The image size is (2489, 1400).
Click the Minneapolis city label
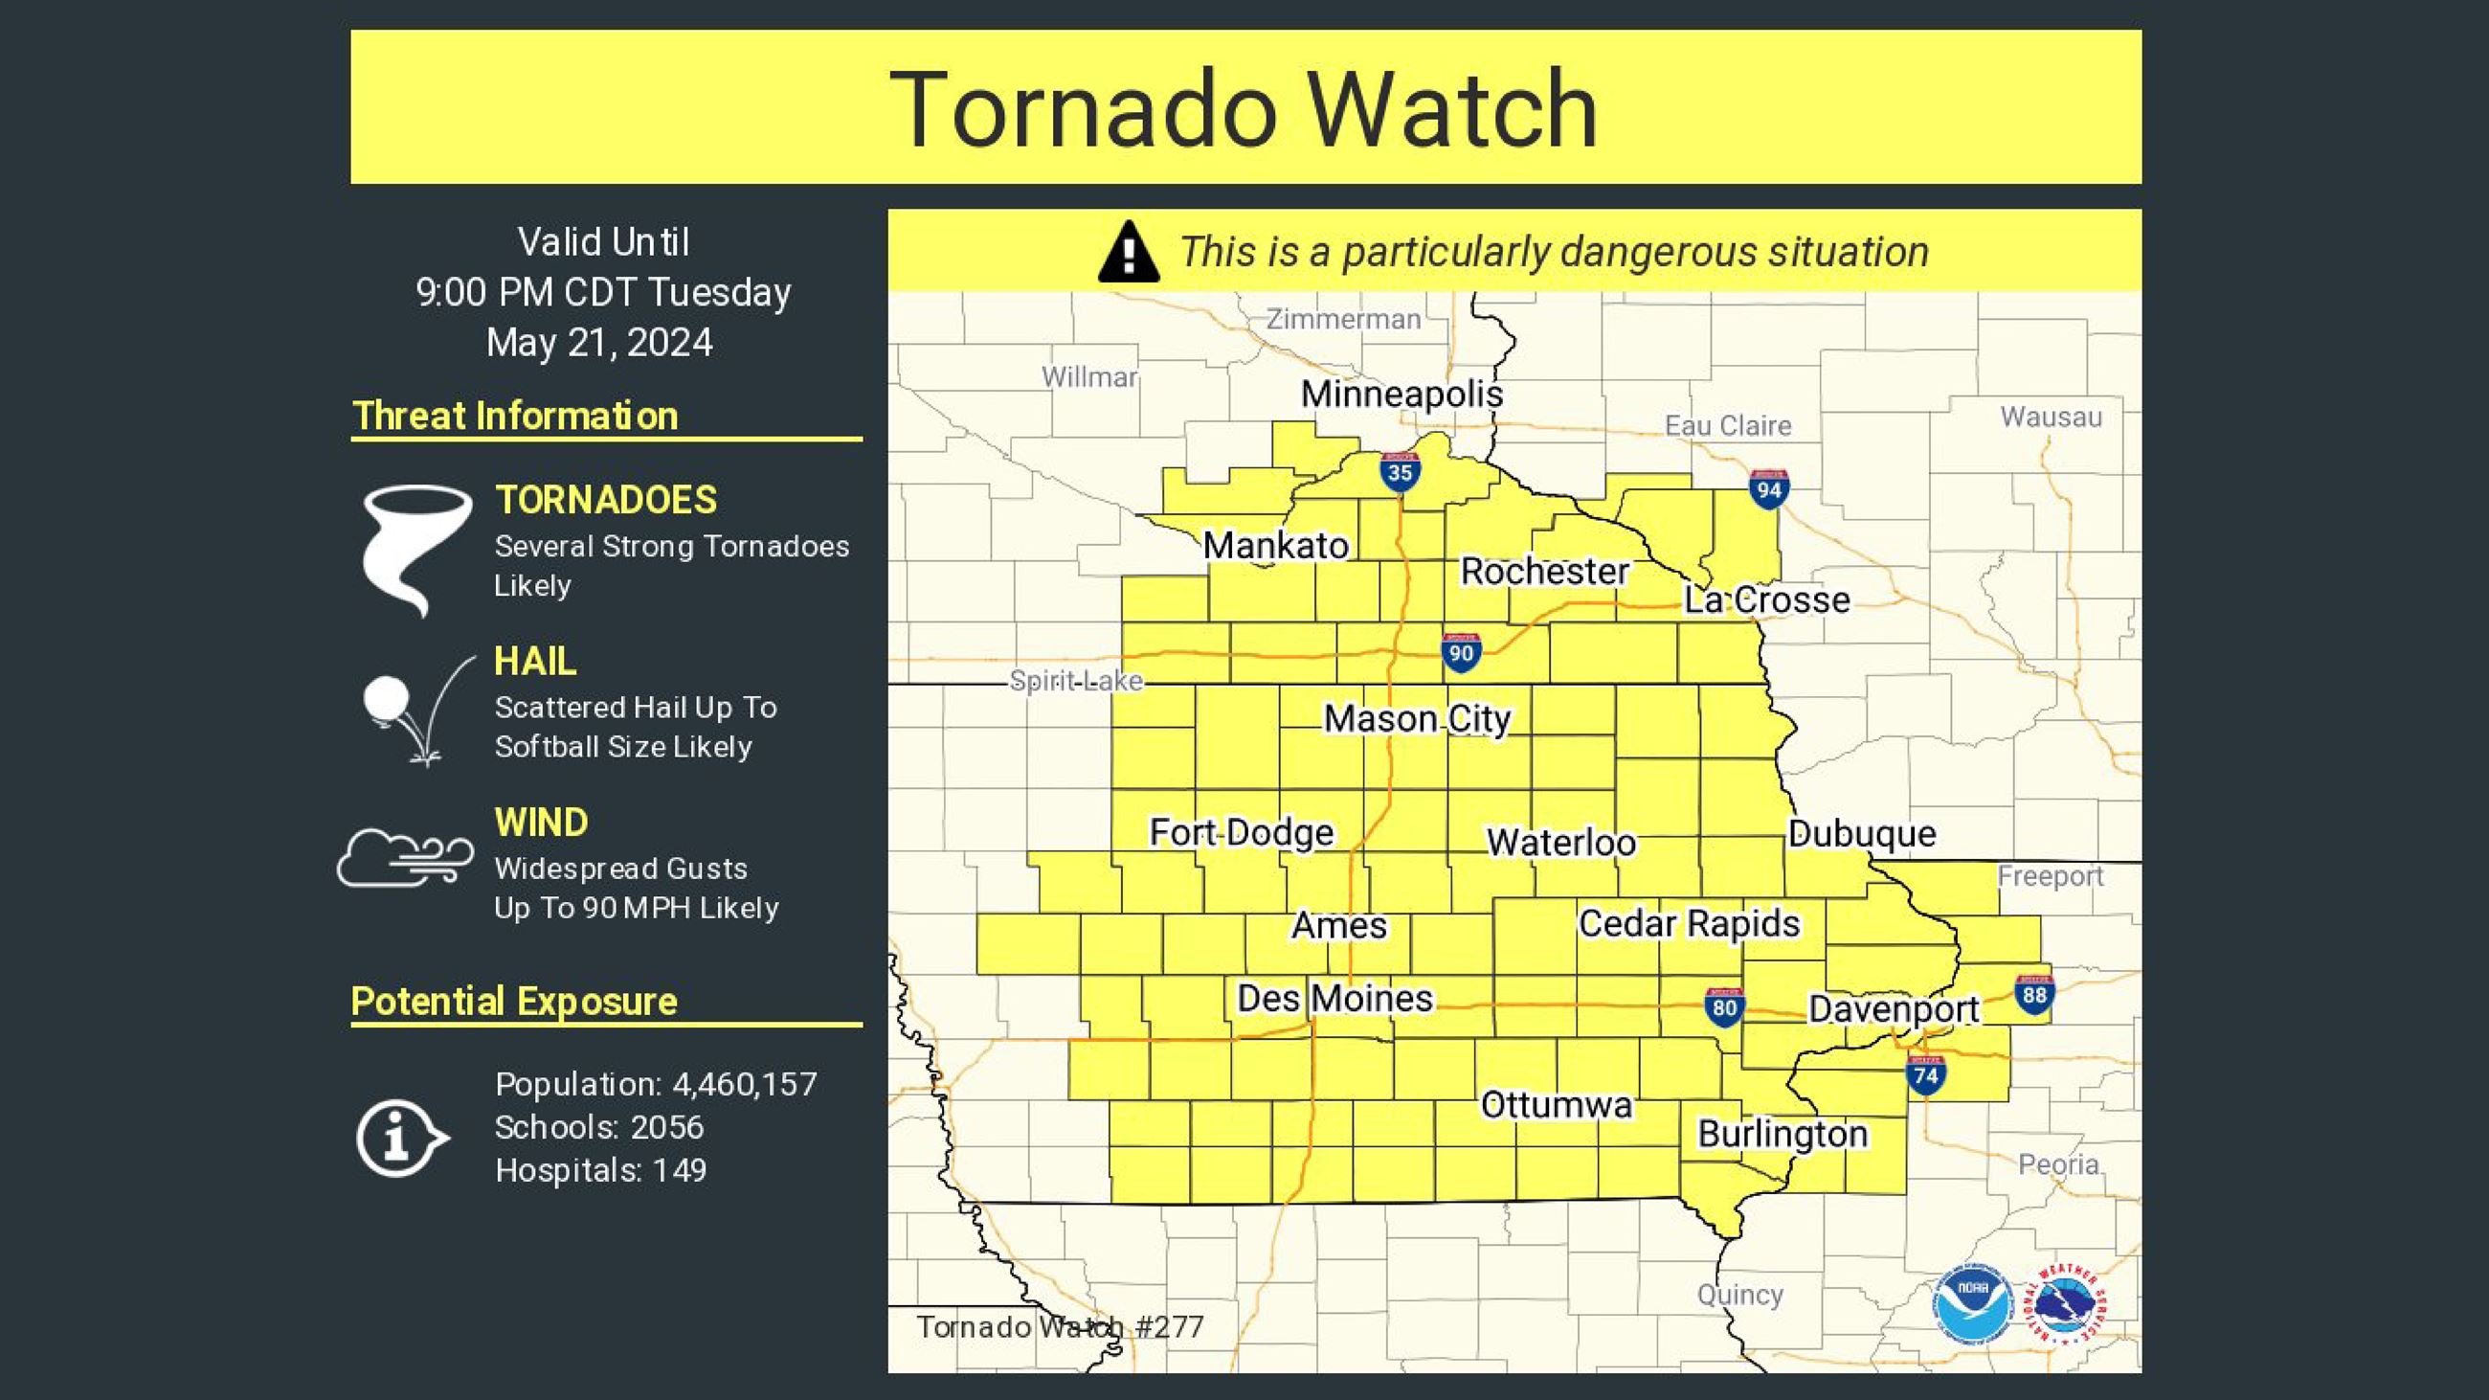[1401, 395]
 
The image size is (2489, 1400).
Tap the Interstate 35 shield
[1399, 471]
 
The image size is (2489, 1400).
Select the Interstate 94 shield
[1768, 489]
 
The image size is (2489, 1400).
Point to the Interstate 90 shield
[1461, 652]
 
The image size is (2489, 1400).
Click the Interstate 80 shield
[1725, 1007]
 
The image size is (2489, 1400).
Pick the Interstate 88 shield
[2034, 995]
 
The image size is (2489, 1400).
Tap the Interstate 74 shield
[1926, 1075]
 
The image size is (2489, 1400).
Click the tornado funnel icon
[416, 549]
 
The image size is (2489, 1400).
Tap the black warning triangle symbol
[1129, 252]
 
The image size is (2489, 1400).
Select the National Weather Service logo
[2067, 1303]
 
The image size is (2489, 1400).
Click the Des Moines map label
[1334, 998]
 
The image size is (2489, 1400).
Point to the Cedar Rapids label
[1689, 924]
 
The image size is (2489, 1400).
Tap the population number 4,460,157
[744, 1084]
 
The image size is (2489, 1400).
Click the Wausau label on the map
[2051, 417]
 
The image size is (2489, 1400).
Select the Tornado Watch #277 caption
[1060, 1326]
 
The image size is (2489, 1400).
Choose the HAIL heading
[535, 662]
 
